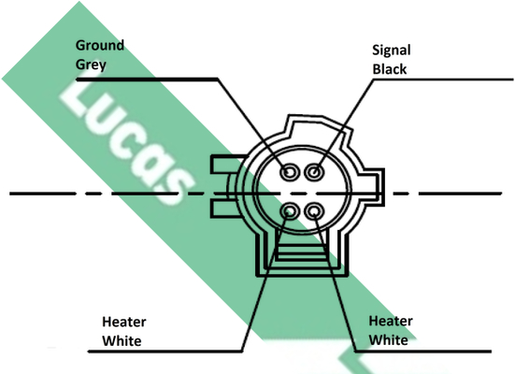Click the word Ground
coord(100,45)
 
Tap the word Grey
coord(91,65)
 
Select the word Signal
coord(392,50)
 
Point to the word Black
coord(390,69)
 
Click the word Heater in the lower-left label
coord(124,322)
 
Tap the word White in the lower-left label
coord(122,341)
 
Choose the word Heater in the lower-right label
coord(391,321)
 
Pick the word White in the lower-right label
coord(388,339)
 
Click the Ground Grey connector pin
coord(290,172)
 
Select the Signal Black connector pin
coord(314,172)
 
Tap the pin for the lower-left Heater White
coord(290,211)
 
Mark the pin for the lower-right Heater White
coord(314,211)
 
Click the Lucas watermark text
coord(127,142)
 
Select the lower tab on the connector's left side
coord(223,209)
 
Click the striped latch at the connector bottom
coord(302,252)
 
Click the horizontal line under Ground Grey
coord(147,79)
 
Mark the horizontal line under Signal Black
coord(443,79)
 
